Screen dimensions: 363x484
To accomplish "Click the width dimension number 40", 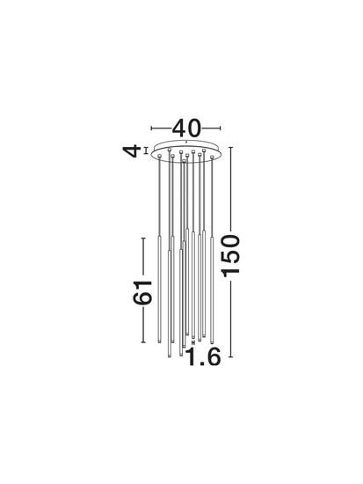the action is tap(186, 128).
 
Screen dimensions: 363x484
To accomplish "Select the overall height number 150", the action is tap(231, 255).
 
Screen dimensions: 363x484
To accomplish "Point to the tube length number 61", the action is tap(142, 293).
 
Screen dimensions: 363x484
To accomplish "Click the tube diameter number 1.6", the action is tap(204, 357).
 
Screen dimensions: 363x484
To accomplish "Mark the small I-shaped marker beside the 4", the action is tap(146, 150).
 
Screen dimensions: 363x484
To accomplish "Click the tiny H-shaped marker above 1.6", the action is tap(193, 342).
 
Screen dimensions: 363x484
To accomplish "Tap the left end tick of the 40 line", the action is tap(151, 128).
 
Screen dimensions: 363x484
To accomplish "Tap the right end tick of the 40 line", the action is tap(221, 128).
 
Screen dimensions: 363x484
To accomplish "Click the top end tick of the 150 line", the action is tap(231, 148).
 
